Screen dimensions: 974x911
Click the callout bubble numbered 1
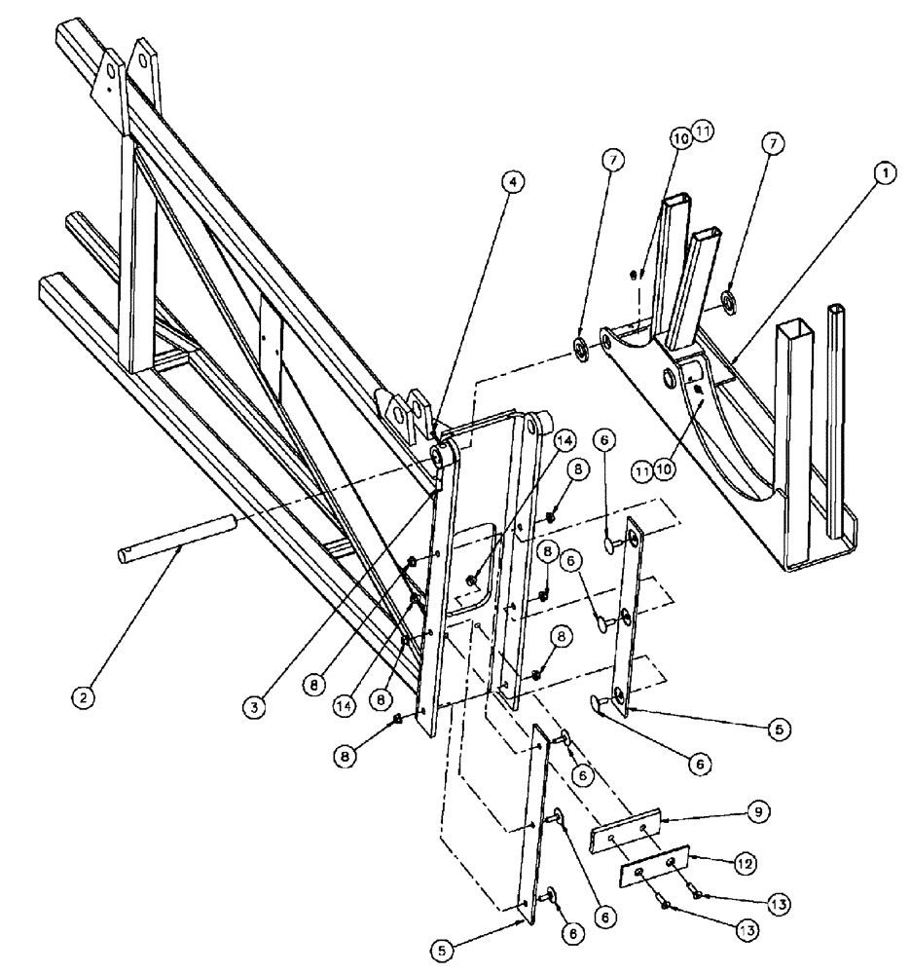click(x=885, y=174)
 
